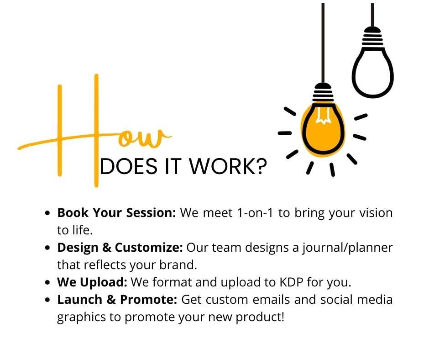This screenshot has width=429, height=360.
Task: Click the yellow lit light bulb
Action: point(323,129)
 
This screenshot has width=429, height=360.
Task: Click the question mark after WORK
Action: point(262,166)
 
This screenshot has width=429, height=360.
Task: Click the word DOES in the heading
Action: point(129,166)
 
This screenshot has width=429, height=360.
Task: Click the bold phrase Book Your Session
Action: point(116,213)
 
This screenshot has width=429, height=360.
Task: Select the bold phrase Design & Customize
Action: point(120,248)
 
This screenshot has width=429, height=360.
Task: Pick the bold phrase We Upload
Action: point(92,282)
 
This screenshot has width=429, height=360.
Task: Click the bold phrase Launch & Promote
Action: point(117,300)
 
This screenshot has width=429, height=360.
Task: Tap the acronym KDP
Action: point(291,282)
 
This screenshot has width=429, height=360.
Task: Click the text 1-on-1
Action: point(255,213)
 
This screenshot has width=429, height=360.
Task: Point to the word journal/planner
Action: point(347,248)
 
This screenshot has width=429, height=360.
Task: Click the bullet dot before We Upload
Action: point(48,282)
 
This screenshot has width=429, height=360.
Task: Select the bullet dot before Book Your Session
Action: point(48,213)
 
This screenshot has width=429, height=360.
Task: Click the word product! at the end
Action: point(260,317)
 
